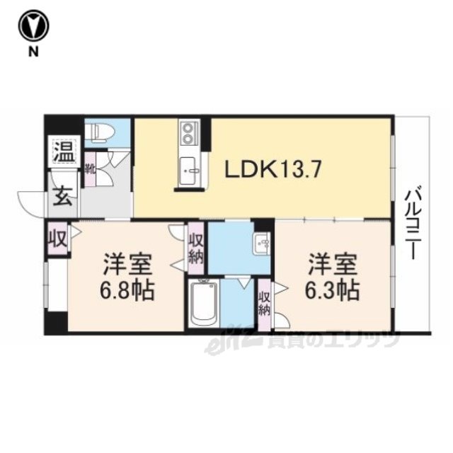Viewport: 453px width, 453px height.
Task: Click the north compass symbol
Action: pos(33,26)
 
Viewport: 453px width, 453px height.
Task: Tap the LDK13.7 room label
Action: pos(273,170)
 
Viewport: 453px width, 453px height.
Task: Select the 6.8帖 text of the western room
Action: pos(127,289)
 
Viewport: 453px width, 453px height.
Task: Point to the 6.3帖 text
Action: pos(332,289)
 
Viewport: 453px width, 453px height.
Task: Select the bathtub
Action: pos(204,304)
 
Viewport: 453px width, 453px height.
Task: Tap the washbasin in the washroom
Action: pos(261,243)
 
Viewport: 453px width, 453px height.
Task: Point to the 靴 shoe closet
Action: pos(90,169)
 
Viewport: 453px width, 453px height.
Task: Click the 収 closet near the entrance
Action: pos(58,239)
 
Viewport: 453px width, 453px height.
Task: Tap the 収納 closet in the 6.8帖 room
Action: pos(196,248)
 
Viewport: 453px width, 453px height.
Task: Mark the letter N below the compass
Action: pos(33,52)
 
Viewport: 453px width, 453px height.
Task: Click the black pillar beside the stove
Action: pos(206,134)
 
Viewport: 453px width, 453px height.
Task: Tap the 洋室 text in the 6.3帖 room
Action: pos(332,264)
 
